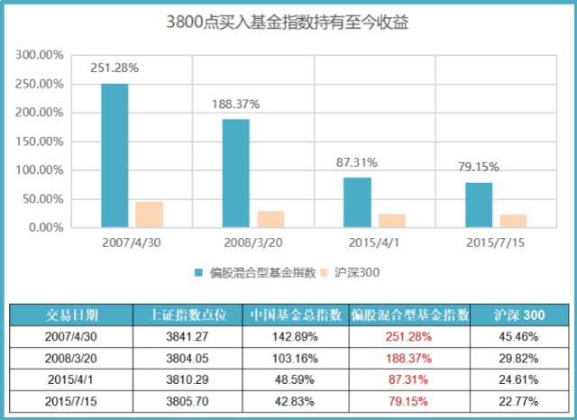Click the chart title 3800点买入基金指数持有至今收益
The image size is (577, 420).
[x=288, y=21]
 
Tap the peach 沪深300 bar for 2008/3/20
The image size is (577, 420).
[x=270, y=219]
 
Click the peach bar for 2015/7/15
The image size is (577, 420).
[x=513, y=221]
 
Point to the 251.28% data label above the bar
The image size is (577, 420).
[x=114, y=68]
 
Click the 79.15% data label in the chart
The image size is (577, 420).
[x=479, y=167]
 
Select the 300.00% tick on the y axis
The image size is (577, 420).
[x=39, y=55]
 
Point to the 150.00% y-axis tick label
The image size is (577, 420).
[x=39, y=142]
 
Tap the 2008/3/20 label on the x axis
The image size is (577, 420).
[x=253, y=243]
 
